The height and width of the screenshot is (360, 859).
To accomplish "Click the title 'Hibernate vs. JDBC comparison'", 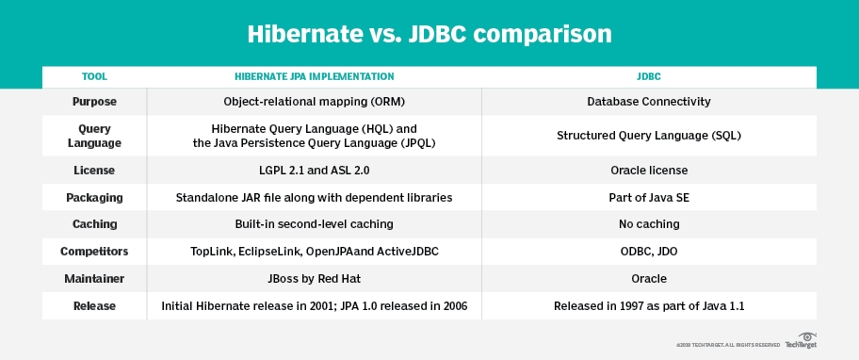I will pos(429,34).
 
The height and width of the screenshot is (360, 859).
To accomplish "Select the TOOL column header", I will pos(94,76).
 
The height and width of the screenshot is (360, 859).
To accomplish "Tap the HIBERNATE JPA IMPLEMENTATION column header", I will pos(314,76).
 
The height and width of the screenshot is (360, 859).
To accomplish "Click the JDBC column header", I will pos(648,76).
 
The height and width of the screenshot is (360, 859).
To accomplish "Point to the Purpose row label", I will pos(94,101).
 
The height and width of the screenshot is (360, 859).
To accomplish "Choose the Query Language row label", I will pos(94,135).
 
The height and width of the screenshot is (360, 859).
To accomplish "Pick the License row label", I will pos(94,171).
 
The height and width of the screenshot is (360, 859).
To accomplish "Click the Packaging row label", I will pos(94,198).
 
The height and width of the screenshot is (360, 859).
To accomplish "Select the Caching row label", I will pos(94,224).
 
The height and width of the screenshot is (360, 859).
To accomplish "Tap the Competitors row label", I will pos(94,252).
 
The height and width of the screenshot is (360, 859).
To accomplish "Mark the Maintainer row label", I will pos(94,279).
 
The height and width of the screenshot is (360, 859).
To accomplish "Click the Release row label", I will pos(94,306).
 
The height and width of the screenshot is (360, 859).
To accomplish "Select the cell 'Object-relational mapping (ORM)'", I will pos(314,101).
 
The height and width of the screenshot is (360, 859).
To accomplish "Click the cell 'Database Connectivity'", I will pos(648,101).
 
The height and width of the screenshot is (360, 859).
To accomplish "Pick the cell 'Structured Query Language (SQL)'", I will pos(648,135).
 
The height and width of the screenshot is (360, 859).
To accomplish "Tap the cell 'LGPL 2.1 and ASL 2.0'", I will pos(314,171).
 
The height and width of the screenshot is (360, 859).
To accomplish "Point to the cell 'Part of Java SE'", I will pos(648,198).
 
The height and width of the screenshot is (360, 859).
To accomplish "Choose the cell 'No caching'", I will pos(648,224).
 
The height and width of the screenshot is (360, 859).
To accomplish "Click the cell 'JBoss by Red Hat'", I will pos(314,279).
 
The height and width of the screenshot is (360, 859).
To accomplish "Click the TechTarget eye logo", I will pos(806,337).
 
